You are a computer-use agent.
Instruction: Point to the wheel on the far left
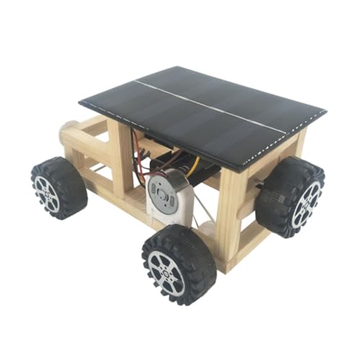pyautogui.click(x=58, y=187)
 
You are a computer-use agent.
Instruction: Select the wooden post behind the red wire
pyautogui.click(x=121, y=151)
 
